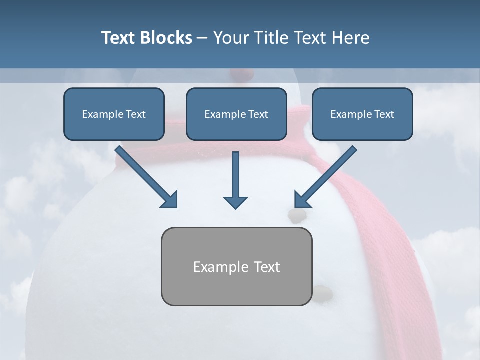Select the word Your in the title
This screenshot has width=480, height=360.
[232, 38]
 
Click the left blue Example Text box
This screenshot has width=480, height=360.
[114, 114]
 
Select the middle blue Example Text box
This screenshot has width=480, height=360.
[236, 114]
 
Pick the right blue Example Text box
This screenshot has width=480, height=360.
[362, 114]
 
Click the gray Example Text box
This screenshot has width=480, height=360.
[236, 267]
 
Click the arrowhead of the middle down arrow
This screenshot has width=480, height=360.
[235, 202]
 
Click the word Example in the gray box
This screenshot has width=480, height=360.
[214, 267]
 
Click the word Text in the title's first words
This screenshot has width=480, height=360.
[120, 38]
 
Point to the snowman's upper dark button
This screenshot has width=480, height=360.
[297, 215]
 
